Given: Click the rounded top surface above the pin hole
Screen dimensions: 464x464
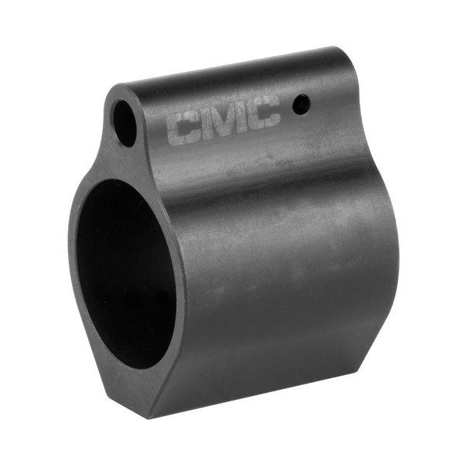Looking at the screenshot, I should point(309,70).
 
